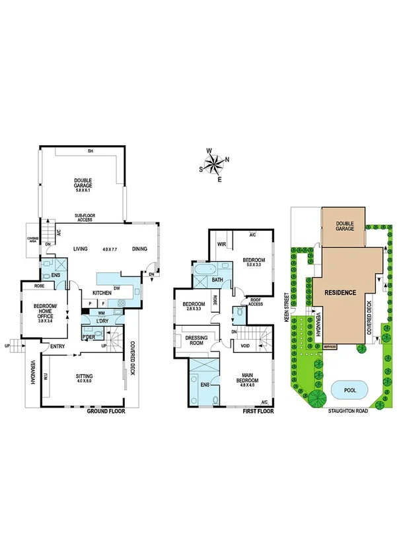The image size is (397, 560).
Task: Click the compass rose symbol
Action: coord(214,164)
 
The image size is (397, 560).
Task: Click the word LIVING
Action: coord(81,249)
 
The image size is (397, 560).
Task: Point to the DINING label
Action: coord(139,249)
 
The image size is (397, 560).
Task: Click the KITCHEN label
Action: coord(102,292)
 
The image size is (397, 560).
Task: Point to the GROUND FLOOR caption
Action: coord(106,411)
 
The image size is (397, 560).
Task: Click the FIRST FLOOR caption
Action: coord(258,411)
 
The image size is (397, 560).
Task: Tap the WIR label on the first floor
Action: coord(222,243)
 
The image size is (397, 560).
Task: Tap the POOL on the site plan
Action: coord(344,389)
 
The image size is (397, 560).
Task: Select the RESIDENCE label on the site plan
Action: coord(340,292)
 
